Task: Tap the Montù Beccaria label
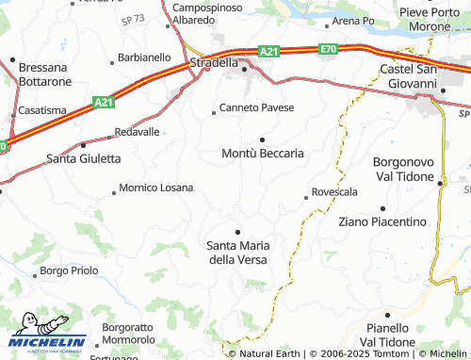click(x=262, y=153)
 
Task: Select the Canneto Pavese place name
click(x=257, y=107)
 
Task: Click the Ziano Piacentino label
click(x=382, y=221)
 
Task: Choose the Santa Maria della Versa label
click(x=236, y=253)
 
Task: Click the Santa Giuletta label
click(x=84, y=158)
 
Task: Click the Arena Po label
click(x=354, y=21)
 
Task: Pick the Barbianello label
click(x=145, y=57)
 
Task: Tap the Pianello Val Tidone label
click(x=386, y=328)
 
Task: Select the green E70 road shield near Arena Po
click(x=328, y=48)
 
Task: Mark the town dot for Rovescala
click(x=306, y=197)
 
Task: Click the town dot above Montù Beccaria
click(x=262, y=139)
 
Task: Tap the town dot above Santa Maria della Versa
click(x=237, y=231)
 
